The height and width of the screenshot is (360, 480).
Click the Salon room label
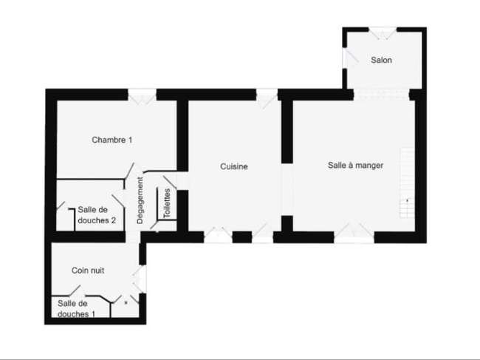coord(381,60)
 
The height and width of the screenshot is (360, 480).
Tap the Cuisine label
coord(234,166)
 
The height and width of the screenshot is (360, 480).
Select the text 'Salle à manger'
coord(355,166)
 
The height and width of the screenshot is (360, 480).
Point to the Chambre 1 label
coord(112,140)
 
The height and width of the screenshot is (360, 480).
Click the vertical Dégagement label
coord(140,200)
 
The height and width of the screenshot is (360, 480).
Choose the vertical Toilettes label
coord(167,203)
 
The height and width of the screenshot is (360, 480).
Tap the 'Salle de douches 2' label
coord(97,215)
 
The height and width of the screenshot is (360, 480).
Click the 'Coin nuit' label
coord(88,271)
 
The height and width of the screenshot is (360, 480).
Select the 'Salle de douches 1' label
coord(77,308)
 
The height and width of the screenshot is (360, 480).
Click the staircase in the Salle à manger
coord(408,183)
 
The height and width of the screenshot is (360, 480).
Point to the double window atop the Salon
coord(383,33)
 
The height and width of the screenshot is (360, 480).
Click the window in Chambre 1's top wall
coord(142,97)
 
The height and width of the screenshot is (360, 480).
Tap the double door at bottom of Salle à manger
coord(354,233)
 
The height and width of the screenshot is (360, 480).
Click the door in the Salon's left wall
coord(350,58)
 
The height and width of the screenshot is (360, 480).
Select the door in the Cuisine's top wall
coord(267,98)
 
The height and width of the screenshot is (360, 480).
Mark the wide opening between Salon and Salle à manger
coord(382,95)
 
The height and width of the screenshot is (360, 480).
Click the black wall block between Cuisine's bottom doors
coord(242,237)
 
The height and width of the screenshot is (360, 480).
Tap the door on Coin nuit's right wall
coord(140,279)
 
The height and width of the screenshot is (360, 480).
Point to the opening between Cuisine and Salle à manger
coord(287,189)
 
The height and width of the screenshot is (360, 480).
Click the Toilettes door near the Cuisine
coord(170,182)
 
